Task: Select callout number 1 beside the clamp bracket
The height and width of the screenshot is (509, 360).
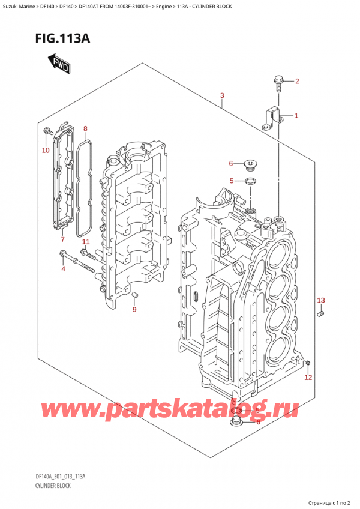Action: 296,116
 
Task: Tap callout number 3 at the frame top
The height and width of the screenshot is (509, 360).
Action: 222,96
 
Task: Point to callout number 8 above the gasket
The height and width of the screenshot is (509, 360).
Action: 85,128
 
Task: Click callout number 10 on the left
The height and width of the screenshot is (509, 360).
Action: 46,150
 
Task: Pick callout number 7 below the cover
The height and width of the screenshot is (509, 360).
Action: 62,240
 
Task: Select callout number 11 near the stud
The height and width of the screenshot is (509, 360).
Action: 85,242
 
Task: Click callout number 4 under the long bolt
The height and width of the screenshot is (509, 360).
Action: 62,268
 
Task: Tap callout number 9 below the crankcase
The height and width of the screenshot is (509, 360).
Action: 134,309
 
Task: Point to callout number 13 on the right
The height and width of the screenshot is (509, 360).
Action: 320,300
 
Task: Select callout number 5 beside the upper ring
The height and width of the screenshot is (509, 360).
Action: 232,181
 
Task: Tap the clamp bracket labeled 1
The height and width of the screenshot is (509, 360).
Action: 271,118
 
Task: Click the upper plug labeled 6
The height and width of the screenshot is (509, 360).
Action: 251,163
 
